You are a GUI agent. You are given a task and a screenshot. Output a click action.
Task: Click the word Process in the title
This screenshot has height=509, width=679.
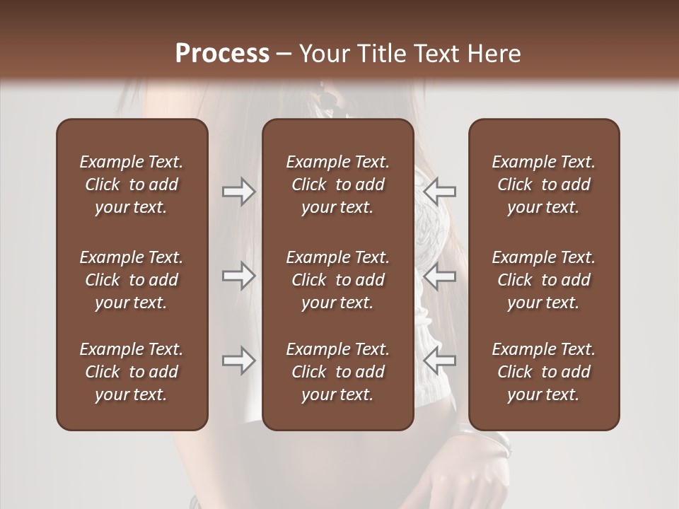tap(222, 54)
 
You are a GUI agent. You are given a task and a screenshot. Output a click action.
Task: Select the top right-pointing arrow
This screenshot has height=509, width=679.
tap(238, 192)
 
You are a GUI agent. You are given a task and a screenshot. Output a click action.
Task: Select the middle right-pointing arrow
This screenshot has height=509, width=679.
tap(238, 276)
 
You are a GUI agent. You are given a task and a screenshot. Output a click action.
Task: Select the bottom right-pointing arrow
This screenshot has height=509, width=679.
tap(238, 361)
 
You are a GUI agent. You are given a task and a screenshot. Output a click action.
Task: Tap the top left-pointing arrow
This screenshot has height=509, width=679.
tap(440, 192)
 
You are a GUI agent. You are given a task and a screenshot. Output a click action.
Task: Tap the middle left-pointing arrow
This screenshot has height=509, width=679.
tap(440, 276)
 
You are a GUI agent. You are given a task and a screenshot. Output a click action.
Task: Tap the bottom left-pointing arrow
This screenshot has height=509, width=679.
tap(440, 361)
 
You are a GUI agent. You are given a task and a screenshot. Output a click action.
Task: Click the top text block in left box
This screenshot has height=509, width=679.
tap(132, 185)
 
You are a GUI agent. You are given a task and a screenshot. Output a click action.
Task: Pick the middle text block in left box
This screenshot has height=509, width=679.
tap(132, 280)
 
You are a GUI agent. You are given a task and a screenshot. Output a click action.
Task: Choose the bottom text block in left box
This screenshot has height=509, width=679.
tap(132, 372)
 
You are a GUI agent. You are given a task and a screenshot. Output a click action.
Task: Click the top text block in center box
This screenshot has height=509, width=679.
tap(337, 185)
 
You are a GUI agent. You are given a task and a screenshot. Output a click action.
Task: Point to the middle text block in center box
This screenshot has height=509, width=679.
tap(337, 280)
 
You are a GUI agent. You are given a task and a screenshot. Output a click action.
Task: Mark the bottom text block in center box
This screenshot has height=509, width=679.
tap(337, 372)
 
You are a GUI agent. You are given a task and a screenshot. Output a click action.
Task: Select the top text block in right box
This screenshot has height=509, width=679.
tap(543, 185)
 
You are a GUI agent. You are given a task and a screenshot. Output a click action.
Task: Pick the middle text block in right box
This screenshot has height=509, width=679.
tap(543, 280)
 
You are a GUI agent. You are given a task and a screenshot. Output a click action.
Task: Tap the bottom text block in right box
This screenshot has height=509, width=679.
tap(543, 372)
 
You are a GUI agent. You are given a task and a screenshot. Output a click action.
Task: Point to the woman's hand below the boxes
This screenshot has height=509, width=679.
tap(470, 481)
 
